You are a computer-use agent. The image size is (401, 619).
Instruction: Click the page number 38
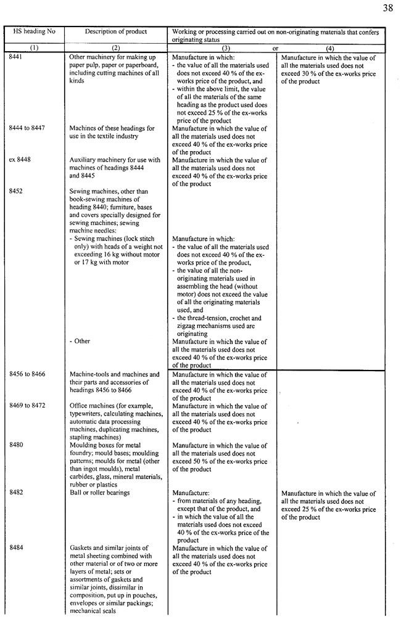[387, 8]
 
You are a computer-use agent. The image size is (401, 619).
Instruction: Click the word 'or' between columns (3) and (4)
[276, 47]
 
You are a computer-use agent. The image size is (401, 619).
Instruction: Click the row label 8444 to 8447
[27, 128]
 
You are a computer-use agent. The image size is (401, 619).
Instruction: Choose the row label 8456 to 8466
[27, 374]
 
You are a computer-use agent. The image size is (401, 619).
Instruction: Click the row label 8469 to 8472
[27, 406]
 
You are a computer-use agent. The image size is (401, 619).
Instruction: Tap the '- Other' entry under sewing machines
[80, 341]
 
